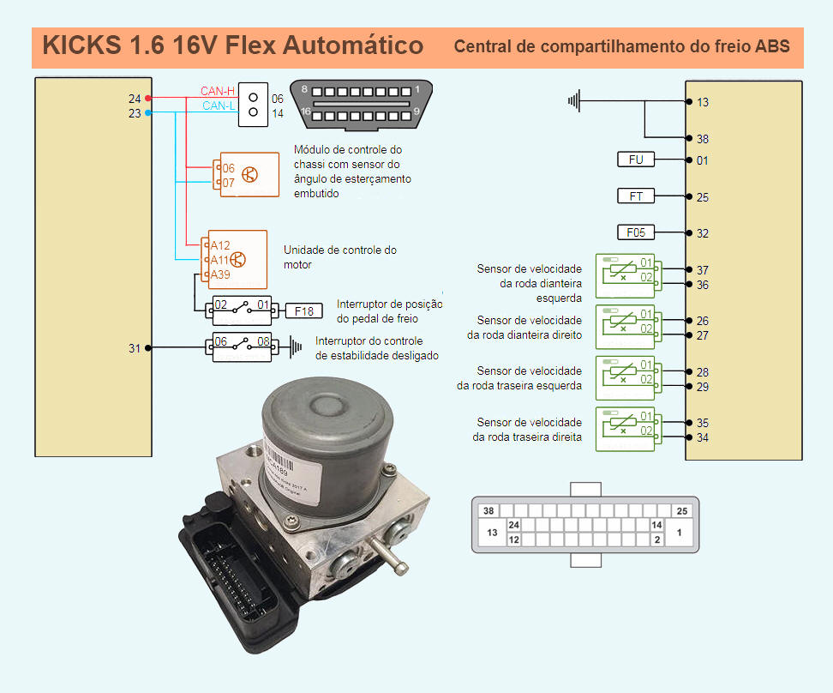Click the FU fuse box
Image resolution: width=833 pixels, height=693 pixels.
tap(635, 160)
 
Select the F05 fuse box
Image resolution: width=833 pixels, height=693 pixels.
tap(635, 232)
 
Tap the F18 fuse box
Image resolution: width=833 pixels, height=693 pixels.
tap(303, 310)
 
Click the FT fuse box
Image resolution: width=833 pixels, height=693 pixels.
tap(635, 196)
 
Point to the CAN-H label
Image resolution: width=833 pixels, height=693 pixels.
tap(217, 91)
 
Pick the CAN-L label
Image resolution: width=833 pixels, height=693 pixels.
tap(218, 106)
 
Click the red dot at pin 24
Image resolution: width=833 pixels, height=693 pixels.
tap(148, 99)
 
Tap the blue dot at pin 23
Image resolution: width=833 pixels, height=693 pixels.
tap(148, 112)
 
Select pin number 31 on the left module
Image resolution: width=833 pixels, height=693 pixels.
tap(135, 348)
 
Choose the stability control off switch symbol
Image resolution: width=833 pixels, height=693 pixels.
tap(239, 346)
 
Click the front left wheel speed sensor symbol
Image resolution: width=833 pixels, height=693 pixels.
tap(625, 274)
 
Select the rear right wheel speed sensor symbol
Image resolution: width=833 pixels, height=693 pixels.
tap(625, 429)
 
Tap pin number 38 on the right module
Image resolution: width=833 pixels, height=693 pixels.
tap(702, 139)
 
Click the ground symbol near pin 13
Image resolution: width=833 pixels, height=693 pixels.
tap(574, 101)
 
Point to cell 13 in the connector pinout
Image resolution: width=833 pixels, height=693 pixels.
tap(492, 533)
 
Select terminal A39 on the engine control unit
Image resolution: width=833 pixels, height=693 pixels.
tap(219, 274)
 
